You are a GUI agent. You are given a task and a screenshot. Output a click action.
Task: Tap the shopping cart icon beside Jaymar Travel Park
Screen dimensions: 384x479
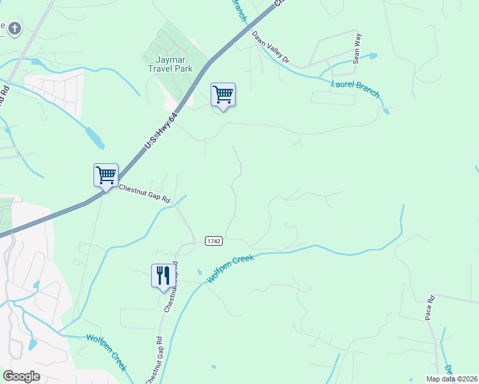point(223,95)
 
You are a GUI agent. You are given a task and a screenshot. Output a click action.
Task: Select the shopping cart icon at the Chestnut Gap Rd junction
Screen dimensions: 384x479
point(106,174)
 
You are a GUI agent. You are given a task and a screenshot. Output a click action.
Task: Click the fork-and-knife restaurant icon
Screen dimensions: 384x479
point(163,275)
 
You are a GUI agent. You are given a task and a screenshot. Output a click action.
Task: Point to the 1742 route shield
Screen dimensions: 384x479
point(214,241)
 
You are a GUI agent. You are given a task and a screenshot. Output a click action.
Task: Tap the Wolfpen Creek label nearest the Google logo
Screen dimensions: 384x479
point(106,352)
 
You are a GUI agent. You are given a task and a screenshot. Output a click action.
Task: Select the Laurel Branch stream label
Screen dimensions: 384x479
point(356,88)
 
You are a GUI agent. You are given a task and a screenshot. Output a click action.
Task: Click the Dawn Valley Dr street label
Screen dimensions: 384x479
point(272,49)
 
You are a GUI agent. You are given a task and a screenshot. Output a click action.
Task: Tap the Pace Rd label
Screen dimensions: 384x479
point(430,307)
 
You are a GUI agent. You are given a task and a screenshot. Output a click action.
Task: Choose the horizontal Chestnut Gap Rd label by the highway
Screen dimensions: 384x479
point(144,193)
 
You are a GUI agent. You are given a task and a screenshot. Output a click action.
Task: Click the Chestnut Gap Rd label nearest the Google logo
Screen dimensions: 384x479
point(154,362)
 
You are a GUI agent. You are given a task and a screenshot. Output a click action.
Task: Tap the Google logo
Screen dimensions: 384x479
point(22,376)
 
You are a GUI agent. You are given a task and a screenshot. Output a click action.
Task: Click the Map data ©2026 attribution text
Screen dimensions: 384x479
point(452,379)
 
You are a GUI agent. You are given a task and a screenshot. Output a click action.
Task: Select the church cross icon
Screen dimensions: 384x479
point(14,28)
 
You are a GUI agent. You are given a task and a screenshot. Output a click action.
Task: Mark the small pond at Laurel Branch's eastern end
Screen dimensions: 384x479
point(386,111)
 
